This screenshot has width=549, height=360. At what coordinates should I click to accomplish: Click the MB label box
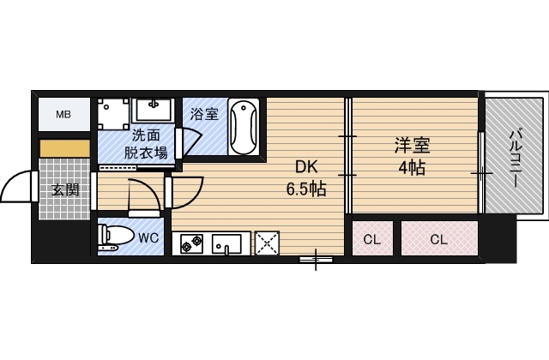point(64,114)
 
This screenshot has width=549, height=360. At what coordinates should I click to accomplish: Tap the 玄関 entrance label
point(64,190)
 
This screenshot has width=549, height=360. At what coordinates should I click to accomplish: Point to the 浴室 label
point(203,113)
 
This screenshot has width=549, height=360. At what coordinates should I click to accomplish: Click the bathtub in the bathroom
point(244,127)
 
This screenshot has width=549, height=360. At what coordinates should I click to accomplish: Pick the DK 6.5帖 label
point(305,179)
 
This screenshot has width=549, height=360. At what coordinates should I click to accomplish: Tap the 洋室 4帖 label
point(412,155)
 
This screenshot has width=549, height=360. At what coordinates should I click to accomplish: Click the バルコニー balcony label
point(516,157)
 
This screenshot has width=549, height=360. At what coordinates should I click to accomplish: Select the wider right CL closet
point(438,239)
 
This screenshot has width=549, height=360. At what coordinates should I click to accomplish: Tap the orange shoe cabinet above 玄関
point(64,147)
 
